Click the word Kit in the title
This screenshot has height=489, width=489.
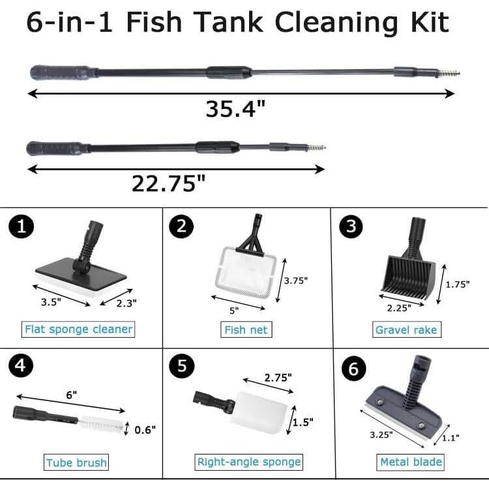pyautogui.click(x=424, y=22)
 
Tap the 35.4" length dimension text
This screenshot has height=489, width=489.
pyautogui.click(x=235, y=108)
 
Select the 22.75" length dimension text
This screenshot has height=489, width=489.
pyautogui.click(x=168, y=183)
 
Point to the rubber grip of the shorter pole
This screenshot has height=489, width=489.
pyautogui.click(x=55, y=147)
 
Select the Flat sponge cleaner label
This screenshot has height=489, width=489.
pyautogui.click(x=78, y=329)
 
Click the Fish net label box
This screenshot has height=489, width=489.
pyautogui.click(x=245, y=330)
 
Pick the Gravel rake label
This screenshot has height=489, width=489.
pyautogui.click(x=406, y=330)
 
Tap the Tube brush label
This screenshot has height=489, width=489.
pyautogui.click(x=76, y=463)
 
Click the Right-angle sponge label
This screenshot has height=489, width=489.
pyautogui.click(x=249, y=462)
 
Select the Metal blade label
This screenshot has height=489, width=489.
pyautogui.click(x=411, y=462)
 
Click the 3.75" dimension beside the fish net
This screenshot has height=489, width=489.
pyautogui.click(x=295, y=280)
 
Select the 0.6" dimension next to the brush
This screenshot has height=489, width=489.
pyautogui.click(x=145, y=429)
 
